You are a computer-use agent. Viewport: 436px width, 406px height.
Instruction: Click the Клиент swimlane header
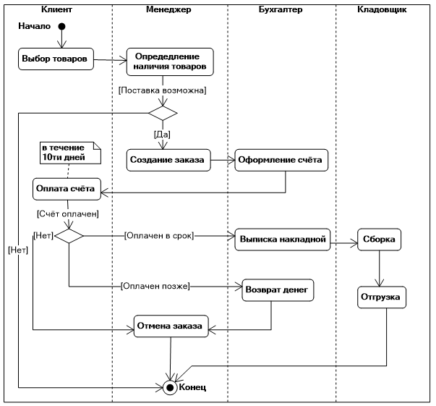coord(57,11)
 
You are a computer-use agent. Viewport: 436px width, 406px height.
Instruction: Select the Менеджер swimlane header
coord(169,11)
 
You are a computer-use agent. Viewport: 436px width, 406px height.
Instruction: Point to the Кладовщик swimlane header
coord(382,11)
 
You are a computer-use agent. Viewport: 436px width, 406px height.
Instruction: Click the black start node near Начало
coord(61,28)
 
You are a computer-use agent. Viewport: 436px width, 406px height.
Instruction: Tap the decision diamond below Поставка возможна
coord(163,113)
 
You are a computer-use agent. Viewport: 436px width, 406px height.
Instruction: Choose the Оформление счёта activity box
coord(281,159)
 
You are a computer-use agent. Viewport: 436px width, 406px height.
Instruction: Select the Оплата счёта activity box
coord(65,189)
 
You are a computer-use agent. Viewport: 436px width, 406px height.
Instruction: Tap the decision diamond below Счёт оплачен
coord(69,236)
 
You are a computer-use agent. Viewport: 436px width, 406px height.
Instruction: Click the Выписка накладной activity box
coord(282,239)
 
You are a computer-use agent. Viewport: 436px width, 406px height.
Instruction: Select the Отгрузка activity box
coord(382,297)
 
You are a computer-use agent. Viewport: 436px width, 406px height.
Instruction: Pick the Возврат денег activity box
coord(278,289)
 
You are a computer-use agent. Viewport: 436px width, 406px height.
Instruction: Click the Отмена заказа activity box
coord(171,326)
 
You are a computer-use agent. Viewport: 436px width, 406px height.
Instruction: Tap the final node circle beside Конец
coord(171,386)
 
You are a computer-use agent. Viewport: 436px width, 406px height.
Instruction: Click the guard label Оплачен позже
coord(155,286)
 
